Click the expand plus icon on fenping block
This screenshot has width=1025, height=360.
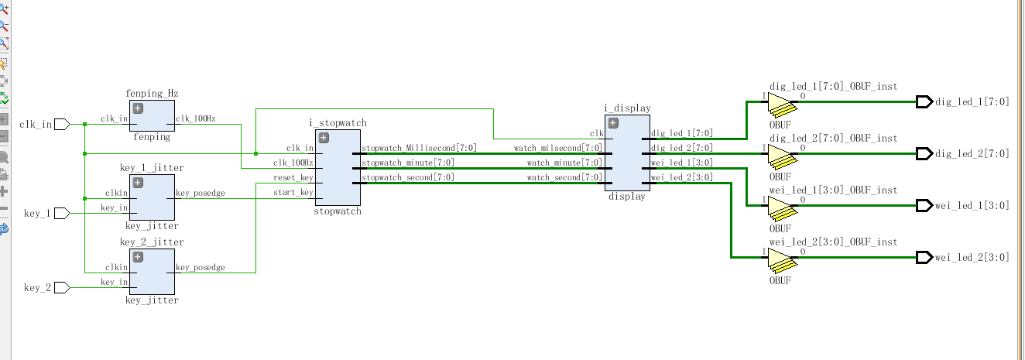[x=138, y=108]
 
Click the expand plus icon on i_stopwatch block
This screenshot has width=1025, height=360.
[x=324, y=138]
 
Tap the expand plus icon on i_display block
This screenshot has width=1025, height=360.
[x=613, y=122]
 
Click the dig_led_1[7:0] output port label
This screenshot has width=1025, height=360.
[x=972, y=101]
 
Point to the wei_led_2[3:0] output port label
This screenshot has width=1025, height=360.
[x=972, y=257]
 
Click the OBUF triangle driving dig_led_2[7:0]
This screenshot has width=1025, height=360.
[x=780, y=154]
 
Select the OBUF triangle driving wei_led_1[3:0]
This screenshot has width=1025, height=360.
[x=780, y=206]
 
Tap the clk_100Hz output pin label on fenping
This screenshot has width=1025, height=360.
[x=196, y=119]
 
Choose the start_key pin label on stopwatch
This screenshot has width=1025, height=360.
[x=294, y=193]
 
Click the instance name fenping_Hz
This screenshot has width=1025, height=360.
[x=152, y=94]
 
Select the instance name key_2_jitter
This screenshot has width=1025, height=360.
[x=152, y=242]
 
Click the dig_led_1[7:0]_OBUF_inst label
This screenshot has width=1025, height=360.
[x=833, y=87]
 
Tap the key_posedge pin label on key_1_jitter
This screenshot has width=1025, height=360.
[x=201, y=194]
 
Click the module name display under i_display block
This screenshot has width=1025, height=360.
[x=626, y=197]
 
